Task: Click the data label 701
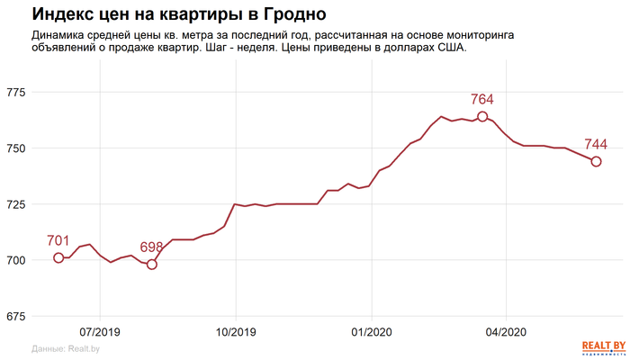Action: [x=58, y=241]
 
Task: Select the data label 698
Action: [x=151, y=247]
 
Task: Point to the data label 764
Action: [x=482, y=100]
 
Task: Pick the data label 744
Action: [x=596, y=145]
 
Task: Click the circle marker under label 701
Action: [x=58, y=258]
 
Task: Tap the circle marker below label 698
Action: [x=151, y=265]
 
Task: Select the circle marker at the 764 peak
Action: [x=482, y=117]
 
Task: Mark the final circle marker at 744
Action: [x=596, y=161]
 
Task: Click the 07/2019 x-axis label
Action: [x=100, y=332]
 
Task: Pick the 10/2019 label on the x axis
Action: [x=235, y=332]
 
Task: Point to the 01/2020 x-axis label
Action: [x=371, y=332]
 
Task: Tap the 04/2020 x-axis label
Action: [x=505, y=332]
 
